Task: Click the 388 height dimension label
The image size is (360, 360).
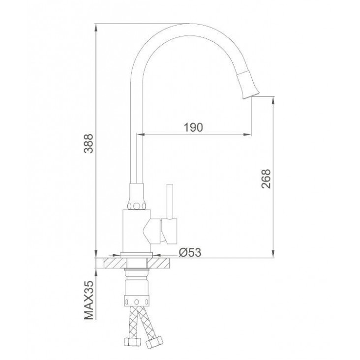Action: (x=89, y=144)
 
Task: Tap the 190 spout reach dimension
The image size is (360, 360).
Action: (x=194, y=127)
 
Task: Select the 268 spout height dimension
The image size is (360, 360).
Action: (x=266, y=179)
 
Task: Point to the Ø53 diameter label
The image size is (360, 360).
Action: (x=190, y=253)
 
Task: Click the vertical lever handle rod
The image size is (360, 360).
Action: (x=170, y=201)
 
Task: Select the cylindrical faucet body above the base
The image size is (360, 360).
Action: (x=136, y=231)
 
